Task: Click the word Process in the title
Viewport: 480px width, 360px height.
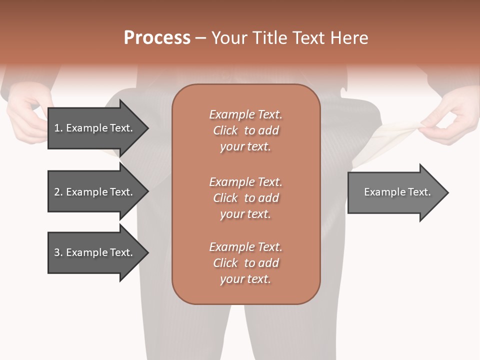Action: click(x=157, y=38)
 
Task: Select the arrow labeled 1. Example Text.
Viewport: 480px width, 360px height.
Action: click(x=95, y=128)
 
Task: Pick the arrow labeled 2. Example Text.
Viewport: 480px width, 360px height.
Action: click(x=95, y=192)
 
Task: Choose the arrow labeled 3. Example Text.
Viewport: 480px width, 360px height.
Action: click(x=95, y=252)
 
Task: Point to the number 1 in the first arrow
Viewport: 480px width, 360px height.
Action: click(x=57, y=128)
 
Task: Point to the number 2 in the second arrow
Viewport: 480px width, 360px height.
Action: click(x=57, y=192)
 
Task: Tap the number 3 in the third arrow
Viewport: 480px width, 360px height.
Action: click(x=57, y=252)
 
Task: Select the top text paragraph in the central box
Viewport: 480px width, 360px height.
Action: click(x=245, y=130)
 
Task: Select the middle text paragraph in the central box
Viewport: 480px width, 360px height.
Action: click(x=245, y=197)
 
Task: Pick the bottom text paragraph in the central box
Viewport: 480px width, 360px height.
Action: click(x=245, y=263)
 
